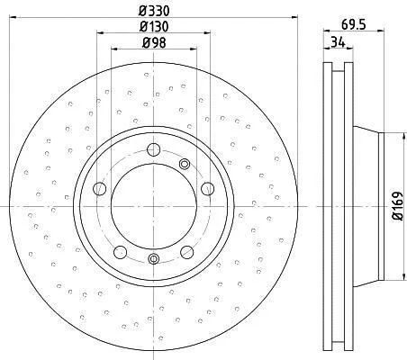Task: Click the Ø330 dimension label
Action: (154, 11)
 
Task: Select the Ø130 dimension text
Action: (154, 26)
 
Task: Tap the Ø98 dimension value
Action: (154, 42)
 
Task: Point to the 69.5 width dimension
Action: (354, 24)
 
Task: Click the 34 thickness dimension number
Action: (338, 42)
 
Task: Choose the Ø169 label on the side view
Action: (398, 206)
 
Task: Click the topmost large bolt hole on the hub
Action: (154, 149)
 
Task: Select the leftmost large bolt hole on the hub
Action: (100, 189)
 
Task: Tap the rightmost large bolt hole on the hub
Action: (207, 189)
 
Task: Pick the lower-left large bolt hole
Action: (120, 252)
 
